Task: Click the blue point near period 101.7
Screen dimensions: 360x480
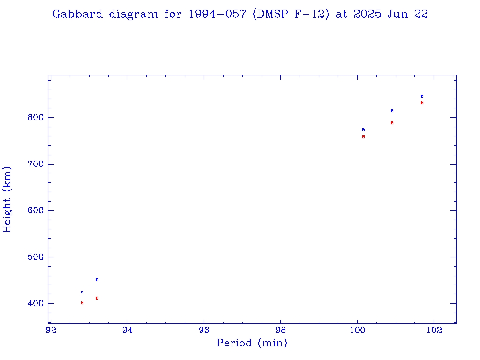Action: (x=422, y=96)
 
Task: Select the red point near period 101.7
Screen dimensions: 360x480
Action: (x=422, y=103)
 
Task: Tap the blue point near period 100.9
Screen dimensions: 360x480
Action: (x=392, y=111)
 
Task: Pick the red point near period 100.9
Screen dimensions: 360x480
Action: (x=392, y=123)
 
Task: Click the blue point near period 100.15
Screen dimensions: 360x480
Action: (x=363, y=130)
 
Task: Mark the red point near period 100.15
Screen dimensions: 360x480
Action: (x=363, y=137)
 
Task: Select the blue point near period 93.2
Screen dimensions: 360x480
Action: (x=97, y=280)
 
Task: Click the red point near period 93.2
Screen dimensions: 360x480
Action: (x=97, y=298)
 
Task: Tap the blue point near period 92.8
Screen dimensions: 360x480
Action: (x=82, y=292)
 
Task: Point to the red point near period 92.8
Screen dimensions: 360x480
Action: (x=82, y=303)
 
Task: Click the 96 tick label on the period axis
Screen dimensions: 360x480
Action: (x=204, y=330)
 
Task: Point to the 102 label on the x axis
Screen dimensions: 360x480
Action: (x=434, y=330)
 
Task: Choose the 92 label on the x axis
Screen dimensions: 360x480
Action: (x=51, y=330)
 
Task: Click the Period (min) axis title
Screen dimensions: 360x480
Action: (x=252, y=343)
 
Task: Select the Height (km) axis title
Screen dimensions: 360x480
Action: (x=7, y=199)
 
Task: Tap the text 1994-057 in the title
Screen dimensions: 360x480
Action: (x=218, y=14)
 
